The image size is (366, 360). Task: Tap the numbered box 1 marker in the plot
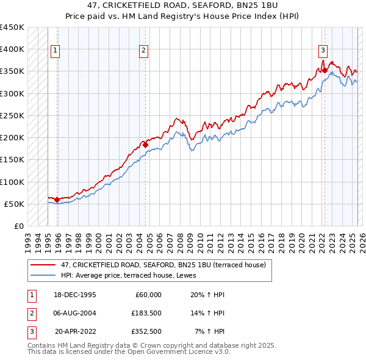pos(56,51)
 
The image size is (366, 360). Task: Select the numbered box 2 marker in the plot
pos(143,51)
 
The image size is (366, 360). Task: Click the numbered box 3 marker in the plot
pos(323,51)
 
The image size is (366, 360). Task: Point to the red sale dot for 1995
pos(57,200)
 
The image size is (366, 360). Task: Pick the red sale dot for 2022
pos(325,70)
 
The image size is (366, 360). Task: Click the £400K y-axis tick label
pos(12,49)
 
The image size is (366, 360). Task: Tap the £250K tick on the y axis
pos(12,115)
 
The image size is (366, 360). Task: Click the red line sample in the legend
pos(43,265)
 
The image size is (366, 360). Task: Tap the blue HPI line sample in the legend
pos(43,275)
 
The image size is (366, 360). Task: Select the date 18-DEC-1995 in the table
pos(75,295)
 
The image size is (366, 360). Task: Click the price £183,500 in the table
pos(146,313)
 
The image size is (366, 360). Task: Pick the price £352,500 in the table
pos(146,331)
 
